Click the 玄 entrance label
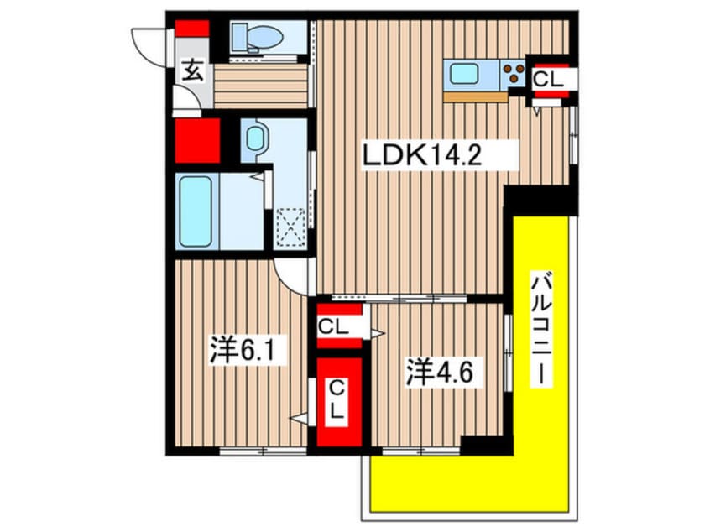tap(191, 72)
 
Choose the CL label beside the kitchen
tap(550, 81)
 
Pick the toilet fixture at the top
tap(252, 37)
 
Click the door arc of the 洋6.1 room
tap(293, 274)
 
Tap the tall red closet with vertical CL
tap(338, 403)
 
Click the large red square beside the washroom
tap(198, 140)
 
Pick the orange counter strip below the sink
tap(476, 96)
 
